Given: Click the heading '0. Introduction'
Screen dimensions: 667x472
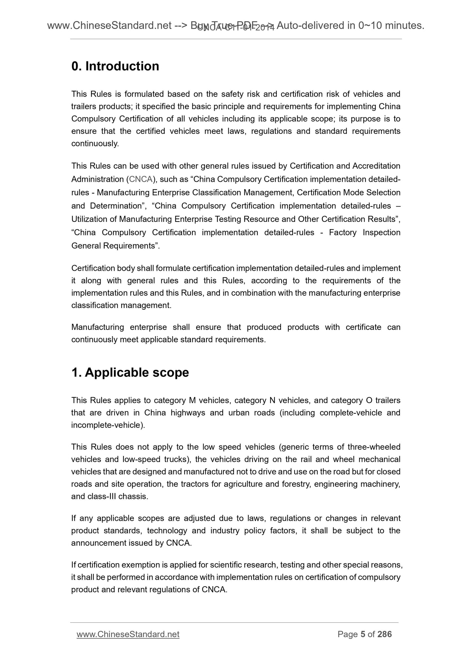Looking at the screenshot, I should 115,66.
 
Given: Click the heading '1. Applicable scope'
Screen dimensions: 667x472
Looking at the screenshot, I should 130,372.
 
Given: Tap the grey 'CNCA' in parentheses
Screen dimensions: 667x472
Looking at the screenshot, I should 139,179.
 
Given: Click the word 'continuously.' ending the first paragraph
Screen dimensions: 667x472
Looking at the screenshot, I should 95,144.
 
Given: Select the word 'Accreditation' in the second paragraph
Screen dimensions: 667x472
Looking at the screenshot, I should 376,166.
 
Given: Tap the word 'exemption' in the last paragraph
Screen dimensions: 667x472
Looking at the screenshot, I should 147,565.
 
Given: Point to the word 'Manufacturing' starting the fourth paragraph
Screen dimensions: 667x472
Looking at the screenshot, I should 97,327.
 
